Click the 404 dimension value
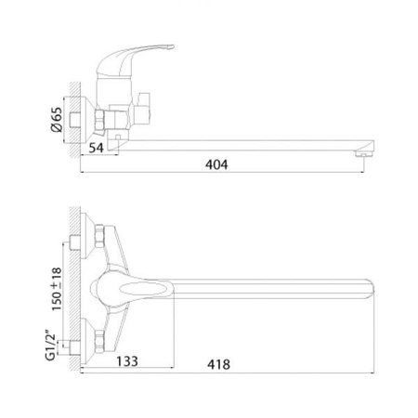tap(216, 164)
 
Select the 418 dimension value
tap(218, 364)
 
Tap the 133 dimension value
tap(127, 361)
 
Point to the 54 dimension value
tap(96, 148)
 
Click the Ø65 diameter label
tap(57, 120)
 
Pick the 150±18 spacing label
tap(57, 289)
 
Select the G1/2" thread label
tap(50, 346)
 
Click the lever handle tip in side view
tap(171, 47)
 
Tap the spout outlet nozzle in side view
tap(364, 154)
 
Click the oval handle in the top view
tap(140, 289)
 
